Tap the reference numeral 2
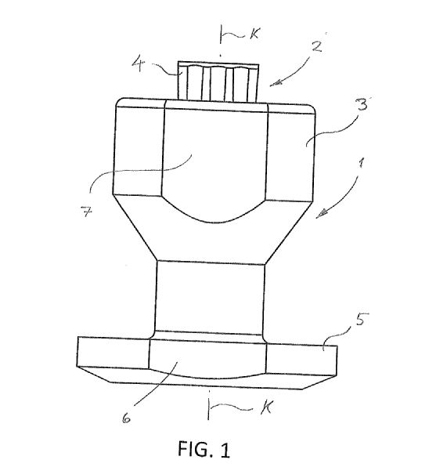coord(317,47)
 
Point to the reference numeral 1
coord(361,163)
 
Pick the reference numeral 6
coord(127,418)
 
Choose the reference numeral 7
coord(87,212)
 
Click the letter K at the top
coord(254,34)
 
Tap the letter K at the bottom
coord(266,407)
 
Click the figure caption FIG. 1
coord(204,448)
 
